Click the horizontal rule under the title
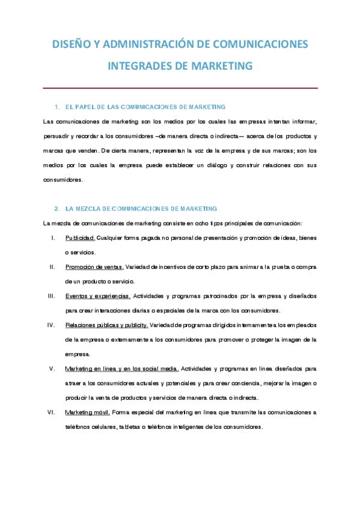pos(180,88)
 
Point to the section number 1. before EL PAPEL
pos(57,106)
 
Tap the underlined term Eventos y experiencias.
pos(98,296)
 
